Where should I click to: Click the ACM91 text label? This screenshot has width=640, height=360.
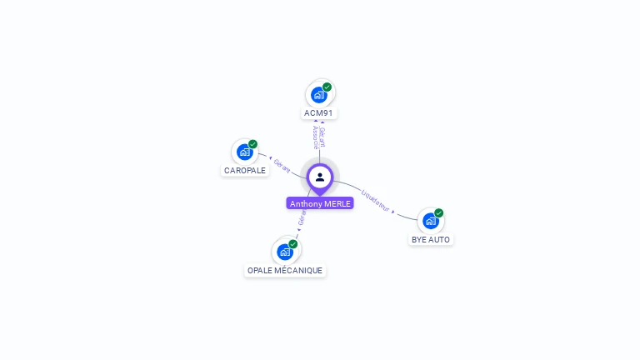320,112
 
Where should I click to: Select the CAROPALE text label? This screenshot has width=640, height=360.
245,170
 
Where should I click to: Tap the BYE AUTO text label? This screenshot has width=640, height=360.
431,239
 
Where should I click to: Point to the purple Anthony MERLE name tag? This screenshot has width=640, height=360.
320,203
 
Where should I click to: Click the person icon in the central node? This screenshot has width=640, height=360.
320,177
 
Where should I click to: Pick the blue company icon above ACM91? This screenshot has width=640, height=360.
318,95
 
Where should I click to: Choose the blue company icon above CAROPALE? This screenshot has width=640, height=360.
244,152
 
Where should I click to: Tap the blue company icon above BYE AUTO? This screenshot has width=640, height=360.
430,221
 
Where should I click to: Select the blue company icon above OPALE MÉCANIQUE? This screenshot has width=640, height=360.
285,252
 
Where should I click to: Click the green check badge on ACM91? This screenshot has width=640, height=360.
327,87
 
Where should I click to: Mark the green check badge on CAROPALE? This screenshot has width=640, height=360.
252,144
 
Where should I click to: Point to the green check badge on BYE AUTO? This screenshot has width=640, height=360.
439,212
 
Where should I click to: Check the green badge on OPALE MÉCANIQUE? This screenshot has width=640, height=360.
293,244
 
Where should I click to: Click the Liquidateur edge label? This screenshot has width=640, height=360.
376,201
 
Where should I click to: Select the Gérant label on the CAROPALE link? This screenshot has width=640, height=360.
282,166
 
